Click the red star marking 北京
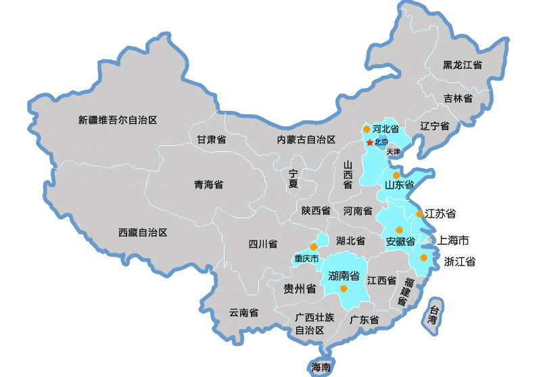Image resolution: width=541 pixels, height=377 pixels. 369,143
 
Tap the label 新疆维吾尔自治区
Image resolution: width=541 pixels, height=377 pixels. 118,120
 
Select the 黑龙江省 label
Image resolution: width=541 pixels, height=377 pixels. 463,66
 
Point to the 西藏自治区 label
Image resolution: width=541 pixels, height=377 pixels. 143,232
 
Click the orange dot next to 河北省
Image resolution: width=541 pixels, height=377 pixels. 367,128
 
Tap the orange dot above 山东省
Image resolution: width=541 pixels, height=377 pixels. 396,174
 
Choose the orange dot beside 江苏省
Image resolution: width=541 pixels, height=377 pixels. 420,213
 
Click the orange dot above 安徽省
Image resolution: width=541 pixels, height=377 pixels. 398,230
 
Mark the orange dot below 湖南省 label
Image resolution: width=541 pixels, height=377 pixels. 344,288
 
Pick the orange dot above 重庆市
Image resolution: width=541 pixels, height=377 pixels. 313,247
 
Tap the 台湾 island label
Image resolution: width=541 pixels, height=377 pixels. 433,315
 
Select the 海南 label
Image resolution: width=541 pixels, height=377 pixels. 321,368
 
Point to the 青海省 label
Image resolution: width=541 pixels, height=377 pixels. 208,184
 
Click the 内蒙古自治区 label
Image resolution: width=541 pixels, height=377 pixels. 306,140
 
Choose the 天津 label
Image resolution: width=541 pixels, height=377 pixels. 394,152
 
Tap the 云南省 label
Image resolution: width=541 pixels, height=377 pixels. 243,313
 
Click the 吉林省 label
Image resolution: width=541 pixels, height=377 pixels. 458,99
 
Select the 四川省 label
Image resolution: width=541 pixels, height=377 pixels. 263,245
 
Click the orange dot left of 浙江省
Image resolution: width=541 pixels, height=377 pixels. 423,257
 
